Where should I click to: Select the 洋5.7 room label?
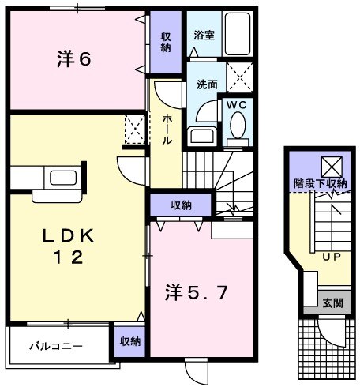197,294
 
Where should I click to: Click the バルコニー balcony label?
52,346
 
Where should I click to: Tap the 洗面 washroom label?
207,84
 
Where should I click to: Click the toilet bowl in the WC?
236,126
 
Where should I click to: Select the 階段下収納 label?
321,183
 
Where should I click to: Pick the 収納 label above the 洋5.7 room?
181,205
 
